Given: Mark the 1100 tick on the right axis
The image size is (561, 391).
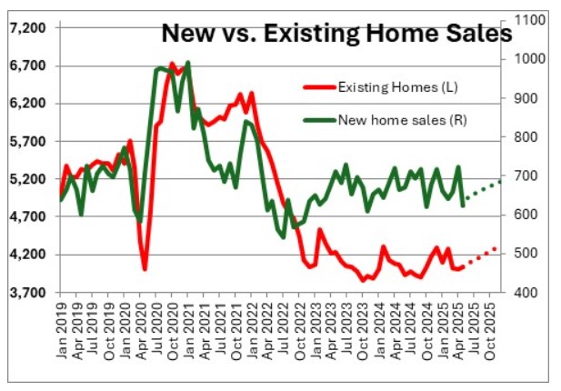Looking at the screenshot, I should pos(530,20).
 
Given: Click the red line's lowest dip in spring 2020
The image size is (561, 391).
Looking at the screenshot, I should pos(145,269).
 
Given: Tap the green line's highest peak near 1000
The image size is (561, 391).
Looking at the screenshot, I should pos(188,63).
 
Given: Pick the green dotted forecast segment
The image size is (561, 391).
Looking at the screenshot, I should pos(482,190).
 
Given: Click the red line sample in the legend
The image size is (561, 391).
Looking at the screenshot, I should pos(317,87).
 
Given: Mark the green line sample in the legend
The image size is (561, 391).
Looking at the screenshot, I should pos(317,118).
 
